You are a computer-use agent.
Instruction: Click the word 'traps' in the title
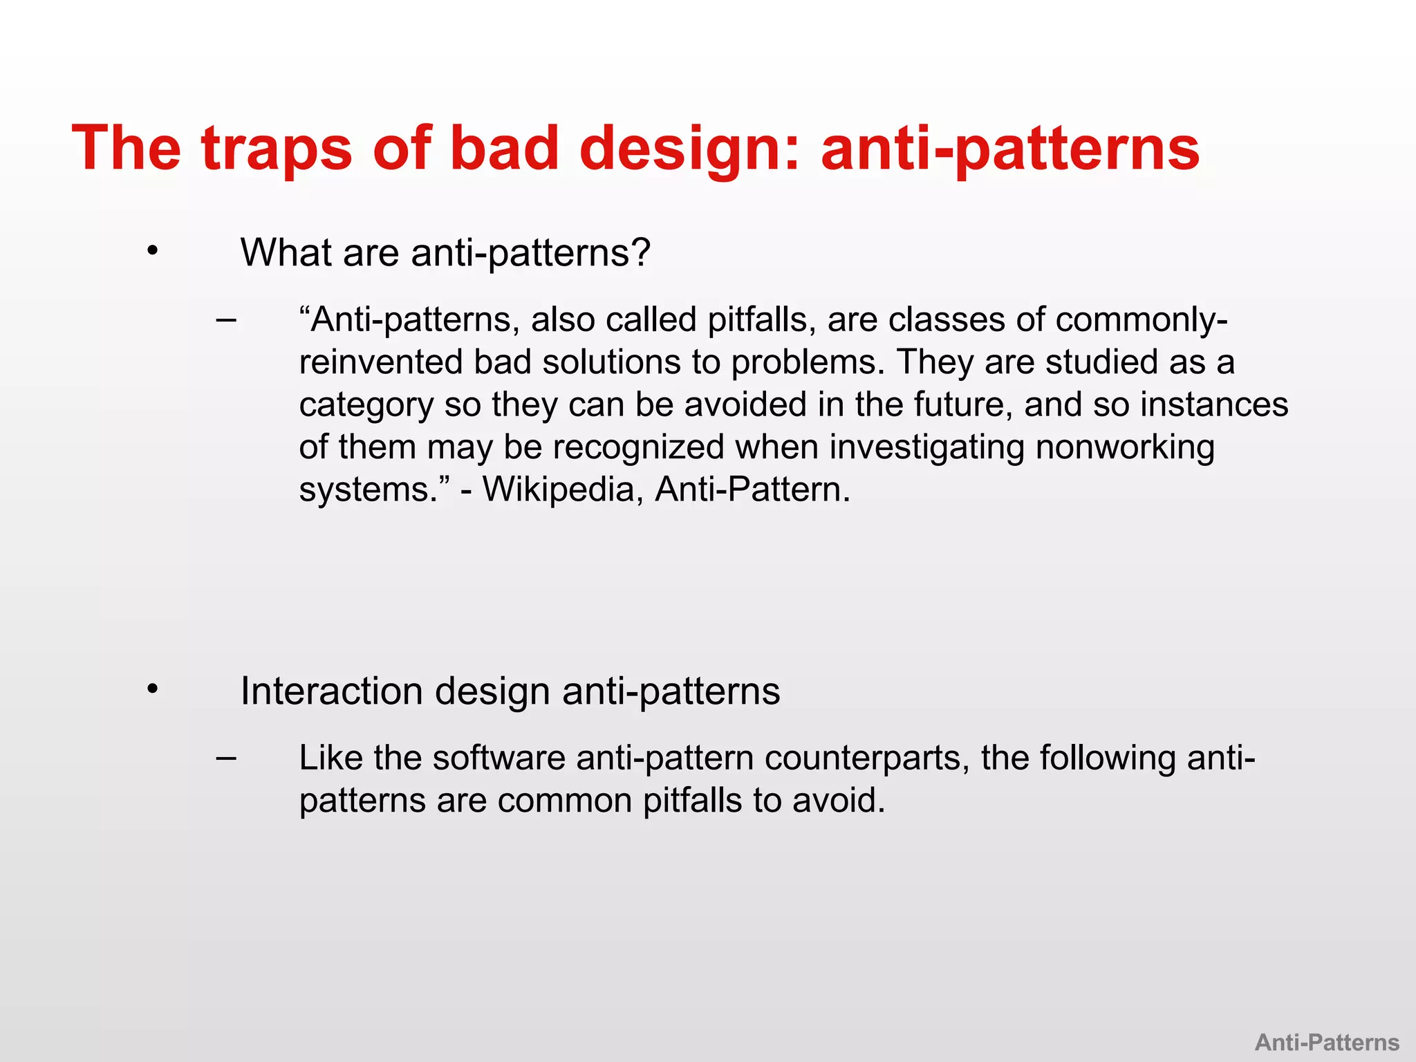pos(277,149)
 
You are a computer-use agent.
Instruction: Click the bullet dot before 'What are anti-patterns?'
pos(153,252)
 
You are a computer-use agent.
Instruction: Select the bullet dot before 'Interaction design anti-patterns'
pos(153,689)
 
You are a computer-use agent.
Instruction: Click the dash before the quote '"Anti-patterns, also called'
pos(225,320)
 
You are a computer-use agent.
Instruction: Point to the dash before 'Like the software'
pos(225,758)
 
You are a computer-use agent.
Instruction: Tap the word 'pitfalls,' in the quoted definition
pos(761,320)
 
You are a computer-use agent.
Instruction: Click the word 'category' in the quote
pos(366,405)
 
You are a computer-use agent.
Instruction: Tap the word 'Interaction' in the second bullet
pos(331,691)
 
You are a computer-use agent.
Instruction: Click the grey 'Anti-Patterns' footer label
pos(1327,1042)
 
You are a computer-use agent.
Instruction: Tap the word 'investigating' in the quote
pos(926,447)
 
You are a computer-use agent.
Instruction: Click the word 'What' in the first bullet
pos(286,252)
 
